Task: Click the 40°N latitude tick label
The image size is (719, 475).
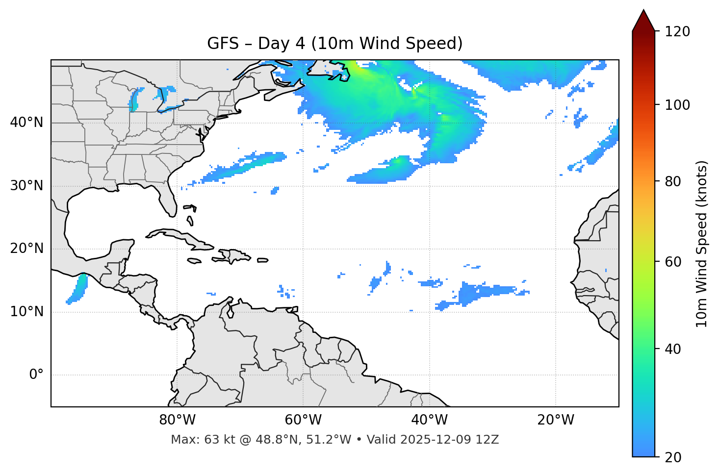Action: pos(26,123)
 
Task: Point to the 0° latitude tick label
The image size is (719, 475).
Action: pos(36,375)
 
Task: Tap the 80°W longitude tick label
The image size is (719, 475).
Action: pos(177,420)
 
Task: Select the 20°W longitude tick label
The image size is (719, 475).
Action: pos(556,420)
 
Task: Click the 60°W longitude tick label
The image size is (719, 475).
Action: pos(303,420)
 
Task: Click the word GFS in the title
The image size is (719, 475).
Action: pos(223,44)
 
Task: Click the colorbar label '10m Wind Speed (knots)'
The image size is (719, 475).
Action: pos(702,244)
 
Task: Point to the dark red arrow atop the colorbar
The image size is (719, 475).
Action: pos(643,21)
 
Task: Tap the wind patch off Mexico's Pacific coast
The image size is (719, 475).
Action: pos(77,289)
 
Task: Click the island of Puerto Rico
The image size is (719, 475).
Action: pos(262,260)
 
